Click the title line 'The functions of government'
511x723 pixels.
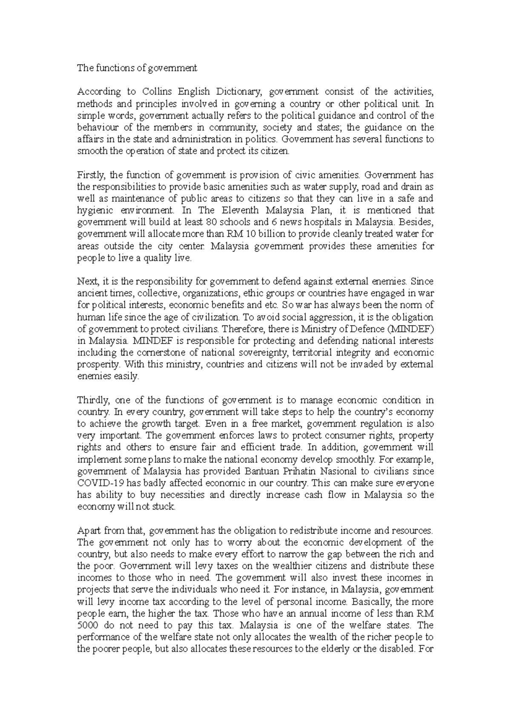(137, 68)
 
